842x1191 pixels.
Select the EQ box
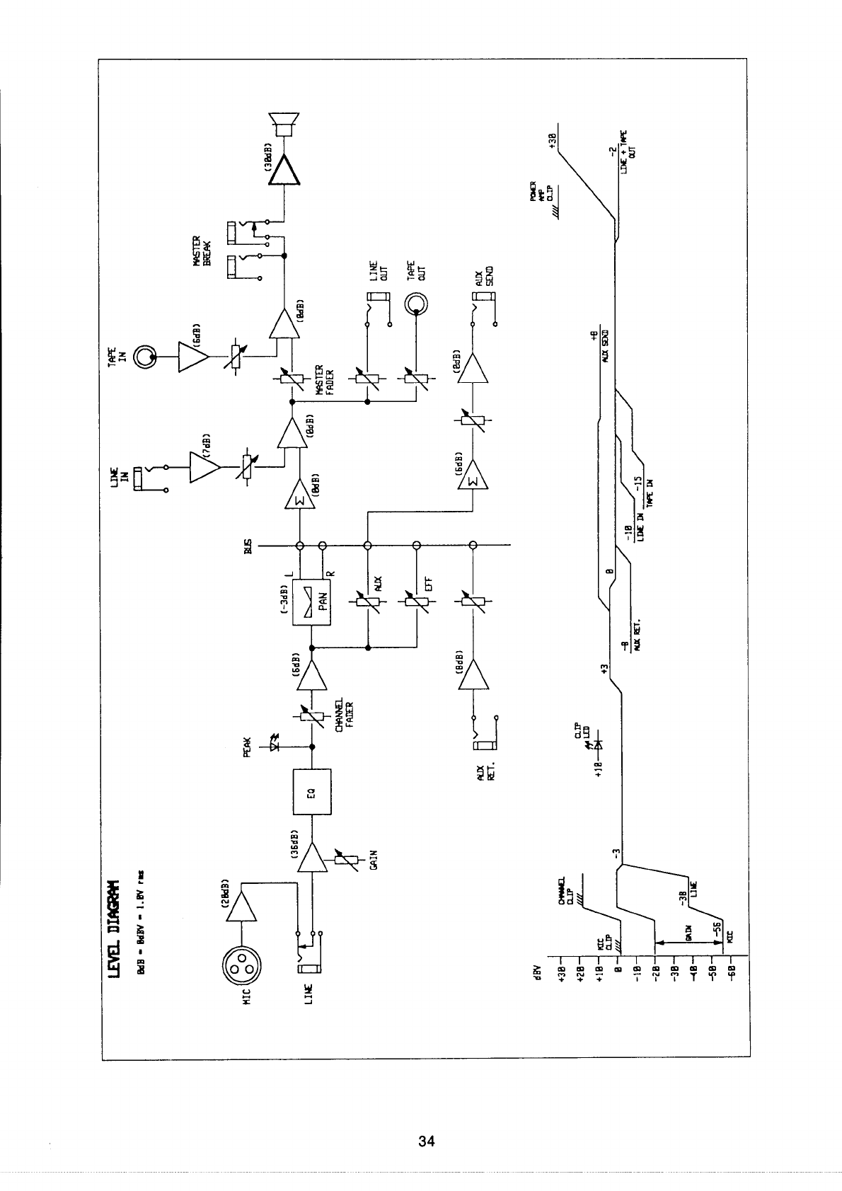tap(311, 791)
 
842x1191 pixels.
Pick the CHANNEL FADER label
tap(344, 716)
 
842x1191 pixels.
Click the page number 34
tap(426, 1141)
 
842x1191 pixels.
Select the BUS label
tap(248, 546)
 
